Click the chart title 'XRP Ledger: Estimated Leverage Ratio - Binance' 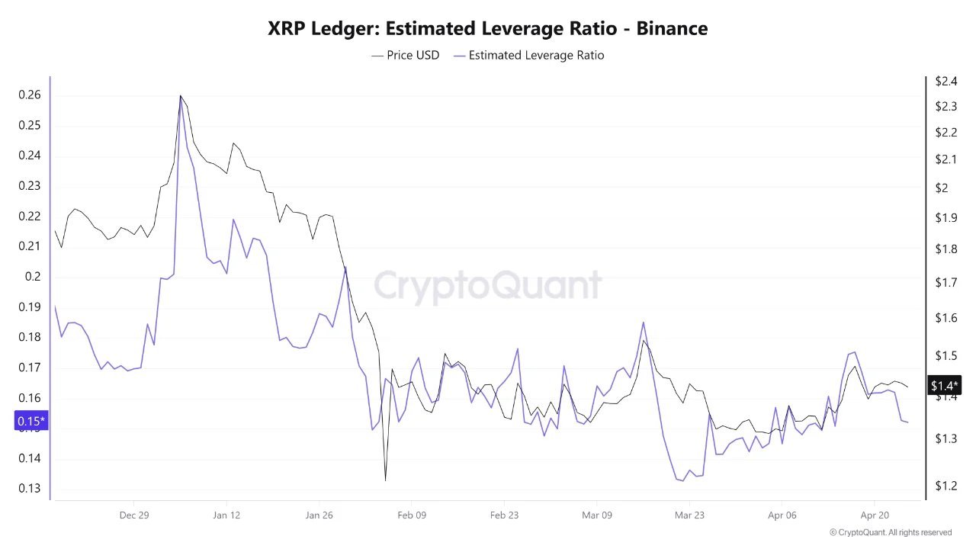click(487, 29)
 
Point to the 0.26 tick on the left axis click(29, 95)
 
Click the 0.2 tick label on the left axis click(32, 277)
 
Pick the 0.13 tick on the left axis click(29, 488)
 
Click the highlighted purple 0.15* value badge click(31, 421)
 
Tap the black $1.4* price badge click(944, 386)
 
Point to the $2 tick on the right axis click(942, 188)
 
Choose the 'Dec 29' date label click(133, 515)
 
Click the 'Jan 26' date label click(319, 515)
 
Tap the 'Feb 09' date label click(411, 515)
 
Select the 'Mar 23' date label click(689, 515)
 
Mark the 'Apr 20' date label click(875, 515)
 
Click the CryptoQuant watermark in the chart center click(487, 286)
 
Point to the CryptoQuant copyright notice click(890, 532)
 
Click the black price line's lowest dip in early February click(385, 480)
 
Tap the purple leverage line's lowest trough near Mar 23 click(682, 481)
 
